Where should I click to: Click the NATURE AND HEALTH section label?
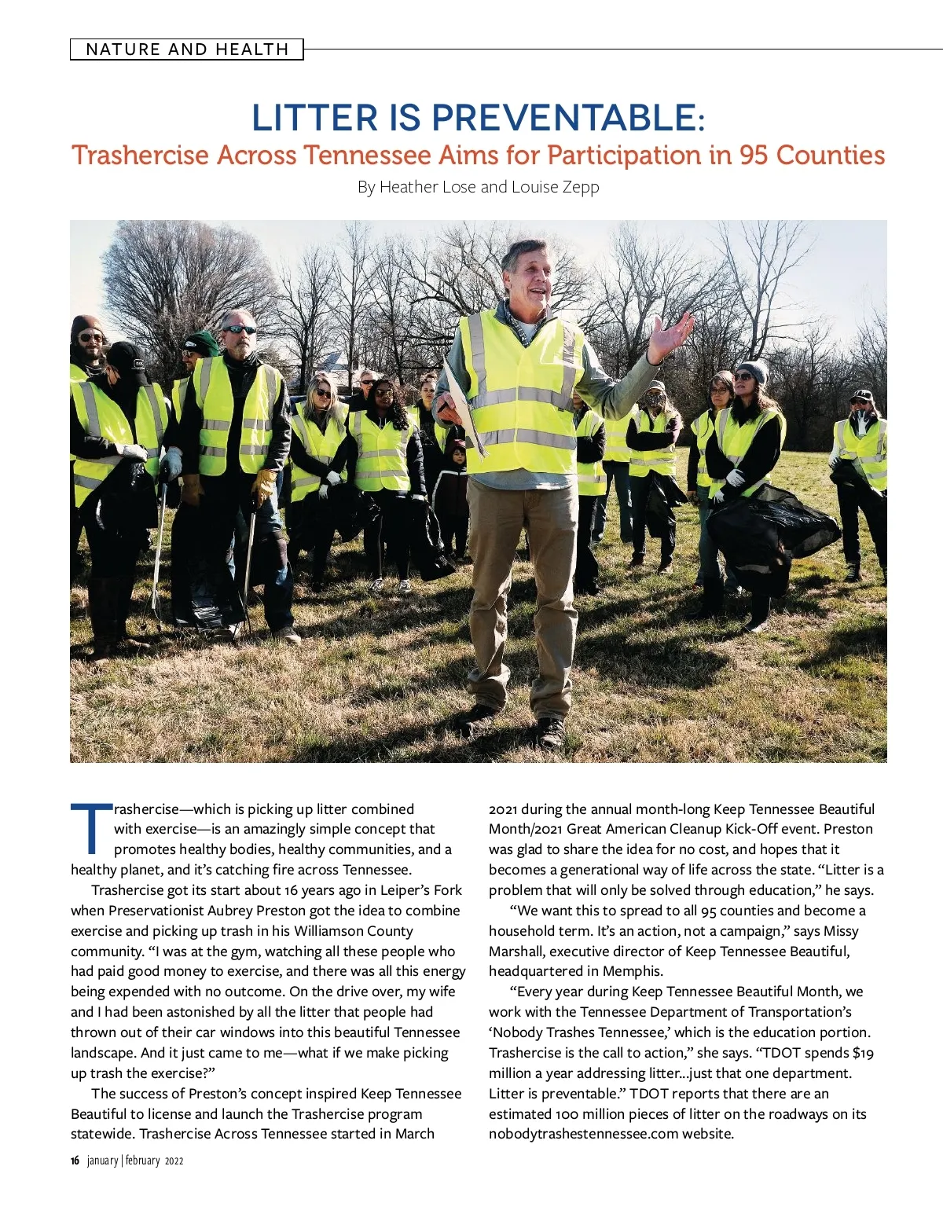point(187,49)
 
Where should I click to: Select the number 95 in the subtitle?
point(753,155)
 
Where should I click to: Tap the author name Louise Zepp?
point(556,187)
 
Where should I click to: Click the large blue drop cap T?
point(91,828)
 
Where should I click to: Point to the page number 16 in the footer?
point(75,1160)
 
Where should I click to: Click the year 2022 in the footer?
point(174,1160)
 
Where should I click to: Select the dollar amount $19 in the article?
point(863,1053)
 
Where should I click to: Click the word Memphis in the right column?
point(633,971)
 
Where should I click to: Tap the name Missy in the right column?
point(841,931)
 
